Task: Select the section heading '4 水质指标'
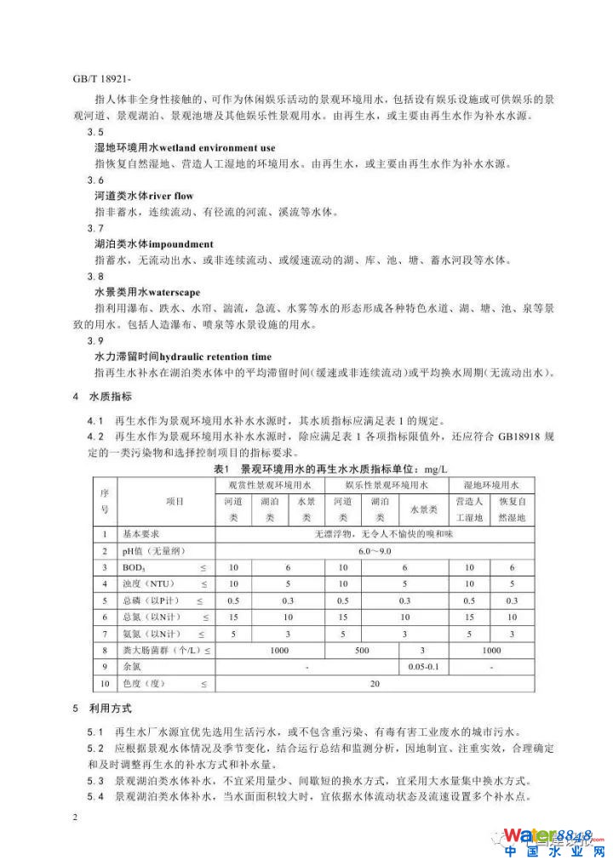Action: click(x=102, y=397)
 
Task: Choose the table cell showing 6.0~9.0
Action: click(x=375, y=551)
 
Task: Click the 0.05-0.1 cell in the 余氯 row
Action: click(x=424, y=665)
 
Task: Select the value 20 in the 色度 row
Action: click(x=375, y=682)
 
